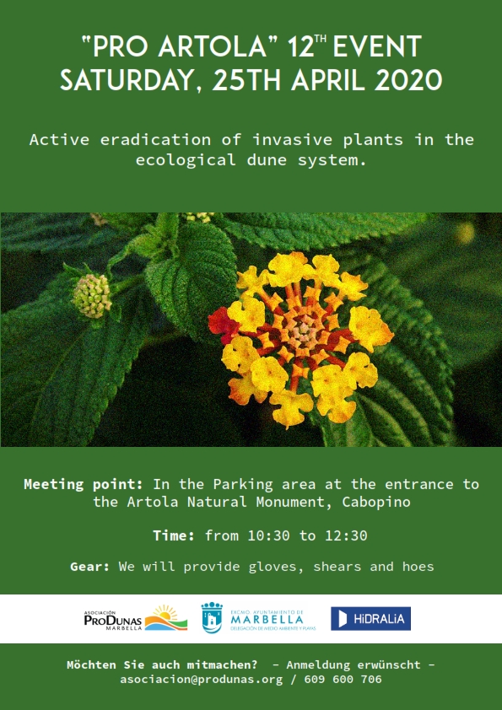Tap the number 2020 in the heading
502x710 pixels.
coord(408,80)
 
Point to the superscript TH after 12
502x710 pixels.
coord(321,39)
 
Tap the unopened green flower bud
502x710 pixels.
coord(92,295)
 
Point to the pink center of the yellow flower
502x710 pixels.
coord(304,332)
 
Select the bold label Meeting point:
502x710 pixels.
coord(84,484)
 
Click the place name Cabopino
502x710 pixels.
coord(376,502)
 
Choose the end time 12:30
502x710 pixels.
coord(346,535)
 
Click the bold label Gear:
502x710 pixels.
coord(89,567)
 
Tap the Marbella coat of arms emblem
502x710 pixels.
coord(212,617)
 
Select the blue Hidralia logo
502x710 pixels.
coord(370,619)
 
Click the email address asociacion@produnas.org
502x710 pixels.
coord(201,679)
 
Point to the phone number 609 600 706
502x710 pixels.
coord(343,679)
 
